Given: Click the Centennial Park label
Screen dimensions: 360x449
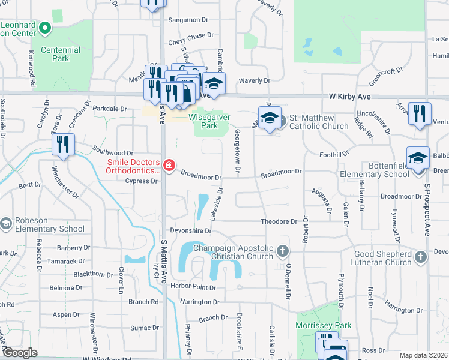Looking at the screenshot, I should click(x=60, y=54).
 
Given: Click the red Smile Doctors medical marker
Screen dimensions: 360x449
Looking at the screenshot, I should click(x=169, y=165).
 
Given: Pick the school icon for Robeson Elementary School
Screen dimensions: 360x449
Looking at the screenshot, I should click(x=5, y=224).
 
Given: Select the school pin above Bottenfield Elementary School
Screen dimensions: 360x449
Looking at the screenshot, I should click(x=418, y=158).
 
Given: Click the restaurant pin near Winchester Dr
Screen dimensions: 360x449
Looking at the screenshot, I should click(x=63, y=145).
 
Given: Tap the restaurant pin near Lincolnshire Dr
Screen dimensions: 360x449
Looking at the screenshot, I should click(x=418, y=113).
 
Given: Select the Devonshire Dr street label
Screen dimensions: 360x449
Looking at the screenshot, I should click(x=191, y=230).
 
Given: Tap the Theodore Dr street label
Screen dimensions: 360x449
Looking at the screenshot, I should click(x=279, y=221).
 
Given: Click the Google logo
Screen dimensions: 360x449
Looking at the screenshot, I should click(x=20, y=353).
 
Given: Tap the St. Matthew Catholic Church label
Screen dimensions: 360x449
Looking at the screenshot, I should click(x=319, y=122).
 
